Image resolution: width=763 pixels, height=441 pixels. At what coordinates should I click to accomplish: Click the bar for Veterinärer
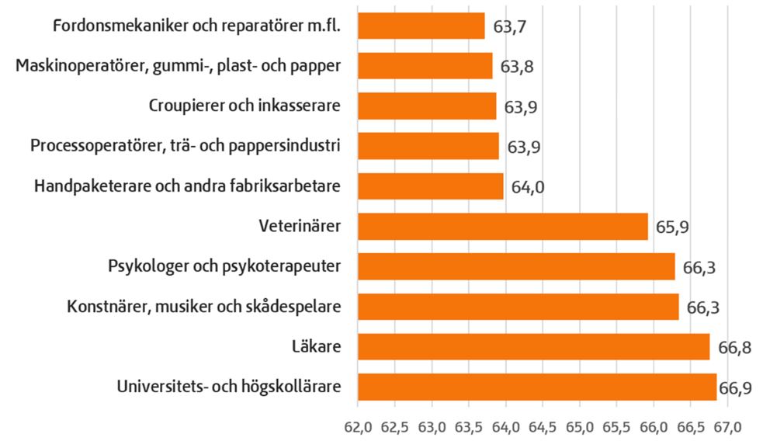502,227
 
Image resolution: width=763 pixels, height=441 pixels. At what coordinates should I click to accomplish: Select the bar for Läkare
533,346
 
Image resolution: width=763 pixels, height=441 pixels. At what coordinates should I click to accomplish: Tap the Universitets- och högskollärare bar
536,387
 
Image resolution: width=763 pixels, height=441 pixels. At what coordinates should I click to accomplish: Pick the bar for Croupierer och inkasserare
426,106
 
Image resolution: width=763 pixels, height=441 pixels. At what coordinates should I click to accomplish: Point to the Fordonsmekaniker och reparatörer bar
421,26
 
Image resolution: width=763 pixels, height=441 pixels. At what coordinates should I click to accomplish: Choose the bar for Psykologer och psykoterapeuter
516,266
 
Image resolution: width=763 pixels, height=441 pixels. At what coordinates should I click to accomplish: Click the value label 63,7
510,27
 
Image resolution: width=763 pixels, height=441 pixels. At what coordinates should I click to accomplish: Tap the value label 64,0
528,187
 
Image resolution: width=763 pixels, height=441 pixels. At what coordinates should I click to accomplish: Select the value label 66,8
735,347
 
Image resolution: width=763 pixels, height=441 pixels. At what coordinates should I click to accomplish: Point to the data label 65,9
672,227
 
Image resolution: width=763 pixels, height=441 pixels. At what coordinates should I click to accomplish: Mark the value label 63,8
517,67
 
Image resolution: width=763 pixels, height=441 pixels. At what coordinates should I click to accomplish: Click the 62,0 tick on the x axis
358,426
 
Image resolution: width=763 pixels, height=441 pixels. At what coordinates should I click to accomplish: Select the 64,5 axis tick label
543,426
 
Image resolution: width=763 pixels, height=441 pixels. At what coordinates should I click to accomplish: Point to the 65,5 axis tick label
617,426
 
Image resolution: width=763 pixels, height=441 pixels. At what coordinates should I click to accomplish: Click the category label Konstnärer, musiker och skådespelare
204,307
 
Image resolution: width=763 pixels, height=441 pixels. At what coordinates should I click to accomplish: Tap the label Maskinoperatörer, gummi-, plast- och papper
179,66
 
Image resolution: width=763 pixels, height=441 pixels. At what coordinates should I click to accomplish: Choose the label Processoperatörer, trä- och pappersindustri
186,146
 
